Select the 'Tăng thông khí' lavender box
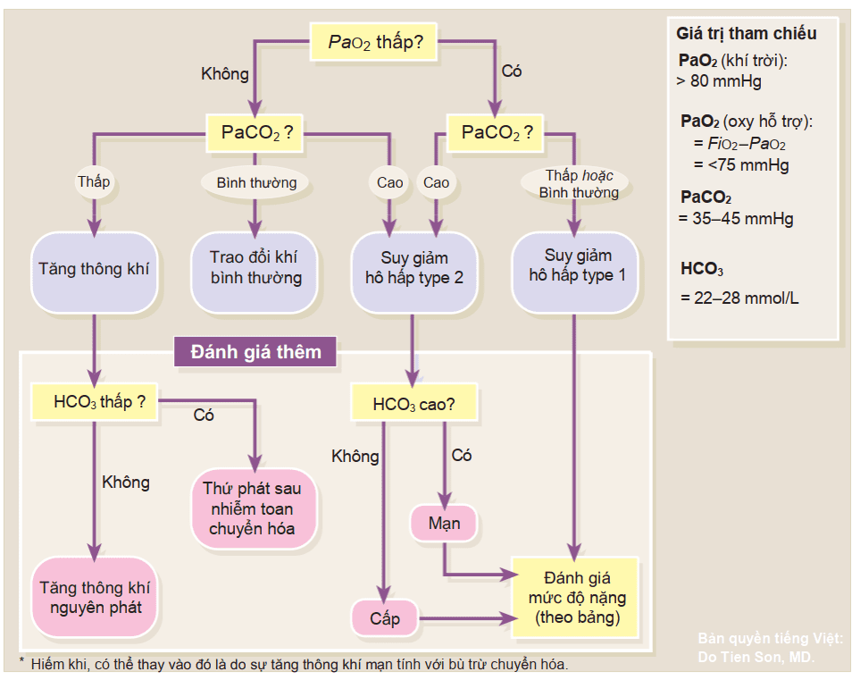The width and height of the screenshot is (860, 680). (x=94, y=269)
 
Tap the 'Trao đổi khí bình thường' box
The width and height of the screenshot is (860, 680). (x=256, y=268)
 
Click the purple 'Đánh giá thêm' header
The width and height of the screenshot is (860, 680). (x=256, y=352)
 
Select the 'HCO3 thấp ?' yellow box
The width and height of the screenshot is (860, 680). (x=94, y=402)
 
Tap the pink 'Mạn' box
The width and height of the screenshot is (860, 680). (x=444, y=523)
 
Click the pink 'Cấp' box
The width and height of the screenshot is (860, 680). (x=385, y=618)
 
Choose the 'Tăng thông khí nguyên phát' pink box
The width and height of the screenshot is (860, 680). (x=94, y=598)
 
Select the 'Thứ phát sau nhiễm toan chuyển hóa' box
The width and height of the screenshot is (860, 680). (x=253, y=508)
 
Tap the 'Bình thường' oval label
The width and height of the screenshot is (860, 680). (x=256, y=183)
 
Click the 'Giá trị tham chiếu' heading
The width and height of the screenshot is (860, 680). (x=747, y=34)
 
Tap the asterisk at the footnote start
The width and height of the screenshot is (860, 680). (x=21, y=661)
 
